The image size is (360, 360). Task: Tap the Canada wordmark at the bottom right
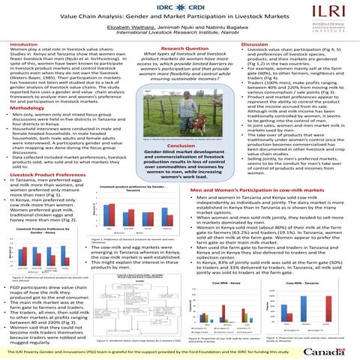tap(328, 350)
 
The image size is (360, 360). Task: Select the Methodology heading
tap(26, 107)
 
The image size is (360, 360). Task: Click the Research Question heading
tap(178, 45)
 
